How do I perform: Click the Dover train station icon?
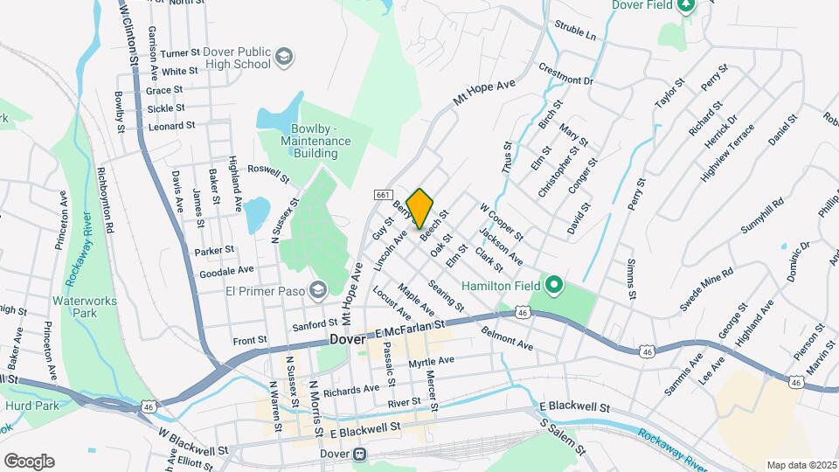tap(359, 455)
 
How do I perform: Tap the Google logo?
tap(28, 461)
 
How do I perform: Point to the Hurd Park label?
tap(31, 406)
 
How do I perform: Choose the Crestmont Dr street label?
tap(565, 74)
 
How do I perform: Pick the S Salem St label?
tap(562, 437)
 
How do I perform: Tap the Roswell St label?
tap(268, 173)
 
